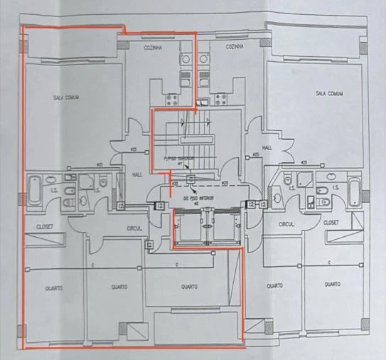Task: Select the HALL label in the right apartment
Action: tap(267, 148)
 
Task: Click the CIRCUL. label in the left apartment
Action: tap(136, 228)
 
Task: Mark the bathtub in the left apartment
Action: tap(35, 190)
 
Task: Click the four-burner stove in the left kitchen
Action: tap(173, 98)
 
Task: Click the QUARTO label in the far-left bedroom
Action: tap(53, 288)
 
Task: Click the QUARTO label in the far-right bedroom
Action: tap(331, 285)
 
